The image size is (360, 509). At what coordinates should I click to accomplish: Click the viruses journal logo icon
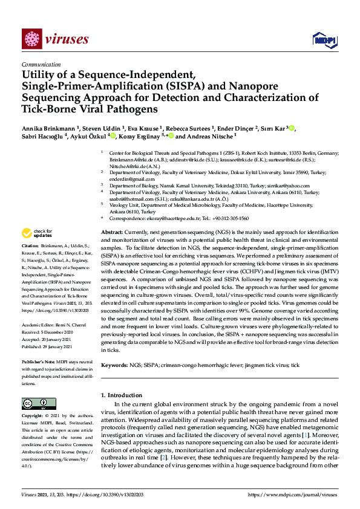coord(30,39)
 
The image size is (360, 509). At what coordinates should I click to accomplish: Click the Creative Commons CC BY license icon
coord(34,403)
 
